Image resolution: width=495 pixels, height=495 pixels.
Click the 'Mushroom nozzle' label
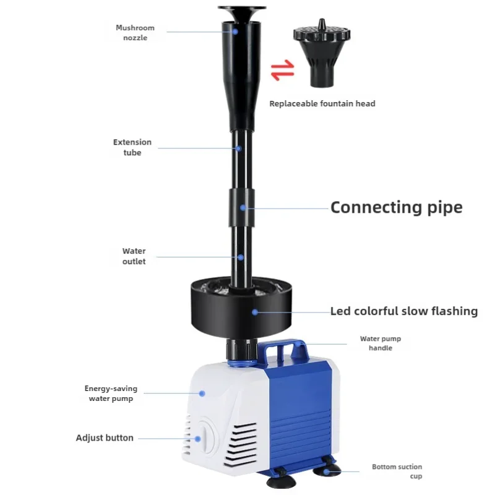pos(135,33)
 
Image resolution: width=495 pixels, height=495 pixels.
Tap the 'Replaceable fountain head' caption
pos(322,103)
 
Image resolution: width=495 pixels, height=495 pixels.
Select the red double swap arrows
pos(283,70)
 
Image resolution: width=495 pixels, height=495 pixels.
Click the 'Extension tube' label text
pos(132,147)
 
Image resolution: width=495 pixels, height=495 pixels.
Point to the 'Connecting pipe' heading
pos(397,208)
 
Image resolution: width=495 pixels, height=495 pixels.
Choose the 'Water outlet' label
pos(134,256)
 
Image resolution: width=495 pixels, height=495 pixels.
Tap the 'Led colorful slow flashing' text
pos(404,311)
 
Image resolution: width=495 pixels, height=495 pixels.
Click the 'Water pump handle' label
pos(381,343)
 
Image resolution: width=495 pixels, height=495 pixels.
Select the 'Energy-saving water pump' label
pos(111,394)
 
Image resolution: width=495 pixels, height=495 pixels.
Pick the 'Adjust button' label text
pos(105,438)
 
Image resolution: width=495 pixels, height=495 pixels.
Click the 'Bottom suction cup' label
pos(397,471)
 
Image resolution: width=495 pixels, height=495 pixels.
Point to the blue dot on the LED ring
pos(255,312)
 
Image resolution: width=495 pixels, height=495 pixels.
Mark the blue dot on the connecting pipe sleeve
pos(243,208)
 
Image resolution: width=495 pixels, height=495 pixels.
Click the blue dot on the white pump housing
pos(202,394)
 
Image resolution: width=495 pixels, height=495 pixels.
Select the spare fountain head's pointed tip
pos(321,20)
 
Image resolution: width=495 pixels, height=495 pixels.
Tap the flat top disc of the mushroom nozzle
pos(242,7)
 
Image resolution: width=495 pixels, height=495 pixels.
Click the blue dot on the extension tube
pos(239,148)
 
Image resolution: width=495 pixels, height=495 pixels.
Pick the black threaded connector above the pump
pos(242,349)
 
